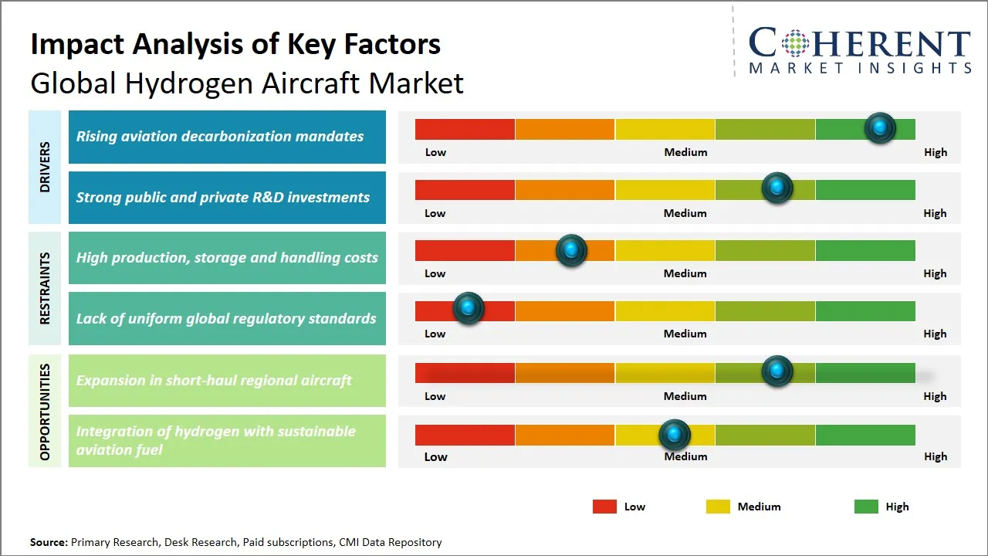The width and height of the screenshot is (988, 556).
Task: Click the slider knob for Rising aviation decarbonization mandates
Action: [880, 128]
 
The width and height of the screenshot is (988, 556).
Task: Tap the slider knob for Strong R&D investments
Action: [777, 188]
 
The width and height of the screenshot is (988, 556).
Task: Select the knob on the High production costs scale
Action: [571, 250]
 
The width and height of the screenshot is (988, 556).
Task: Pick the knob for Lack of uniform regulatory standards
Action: [468, 308]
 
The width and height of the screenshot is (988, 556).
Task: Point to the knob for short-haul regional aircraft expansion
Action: [777, 371]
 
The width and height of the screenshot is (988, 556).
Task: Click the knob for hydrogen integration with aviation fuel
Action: [675, 436]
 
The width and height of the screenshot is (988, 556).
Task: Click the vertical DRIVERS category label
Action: [45, 167]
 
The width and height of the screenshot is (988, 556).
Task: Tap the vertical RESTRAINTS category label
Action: [45, 288]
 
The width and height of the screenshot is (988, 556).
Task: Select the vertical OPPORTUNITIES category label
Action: [45, 412]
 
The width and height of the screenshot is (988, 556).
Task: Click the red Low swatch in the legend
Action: [604, 507]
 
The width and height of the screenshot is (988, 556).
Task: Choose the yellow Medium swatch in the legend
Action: [718, 507]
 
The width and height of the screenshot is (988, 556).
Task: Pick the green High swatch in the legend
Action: [866, 507]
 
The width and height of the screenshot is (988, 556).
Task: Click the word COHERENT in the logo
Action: [859, 43]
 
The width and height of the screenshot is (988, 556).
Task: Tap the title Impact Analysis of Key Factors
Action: [235, 45]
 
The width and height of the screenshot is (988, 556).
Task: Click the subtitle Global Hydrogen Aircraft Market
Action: [247, 83]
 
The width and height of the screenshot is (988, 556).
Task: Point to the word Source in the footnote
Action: [49, 542]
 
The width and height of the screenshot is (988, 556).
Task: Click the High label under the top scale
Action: [935, 152]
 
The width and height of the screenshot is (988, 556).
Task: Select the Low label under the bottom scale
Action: [435, 456]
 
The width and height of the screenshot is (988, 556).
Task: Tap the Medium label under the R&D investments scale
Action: [685, 213]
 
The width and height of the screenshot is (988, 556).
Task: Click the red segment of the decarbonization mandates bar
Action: [465, 129]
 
